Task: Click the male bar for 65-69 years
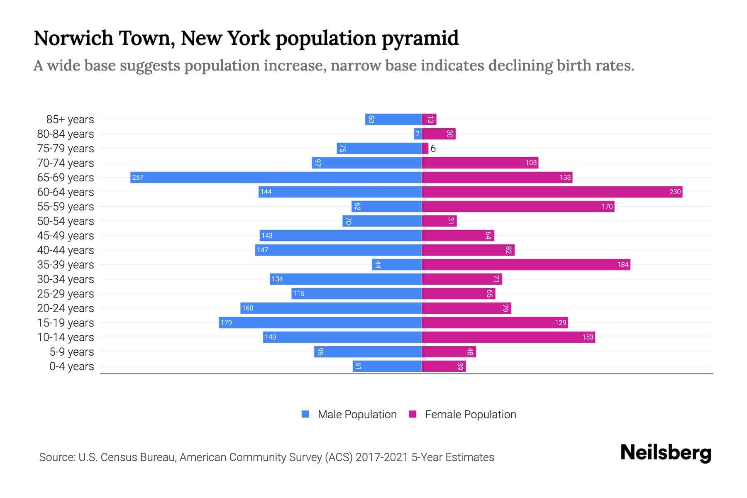[276, 177]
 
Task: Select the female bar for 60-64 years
[552, 192]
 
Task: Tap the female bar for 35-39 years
[526, 264]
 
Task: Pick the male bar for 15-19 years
[320, 322]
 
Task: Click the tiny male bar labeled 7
[417, 134]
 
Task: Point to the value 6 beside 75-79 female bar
[433, 149]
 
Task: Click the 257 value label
[137, 178]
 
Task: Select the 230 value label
[675, 192]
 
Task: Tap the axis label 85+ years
[70, 120]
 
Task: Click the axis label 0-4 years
[71, 366]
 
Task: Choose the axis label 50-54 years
[66, 221]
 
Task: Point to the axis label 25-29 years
[66, 294]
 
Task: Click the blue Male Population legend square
[305, 414]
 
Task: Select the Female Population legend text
[470, 415]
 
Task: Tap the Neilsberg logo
[666, 453]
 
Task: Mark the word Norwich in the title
[73, 38]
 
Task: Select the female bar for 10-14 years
[508, 337]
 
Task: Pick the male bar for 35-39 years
[397, 264]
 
